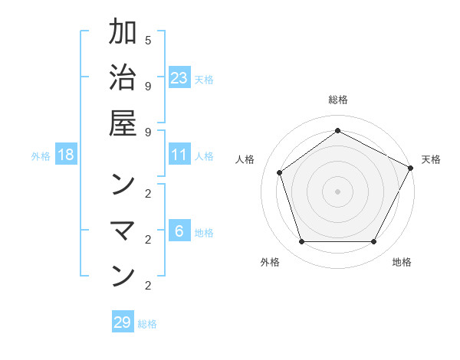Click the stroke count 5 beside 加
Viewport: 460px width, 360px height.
click(x=148, y=40)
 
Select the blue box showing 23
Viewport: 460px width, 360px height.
click(x=179, y=77)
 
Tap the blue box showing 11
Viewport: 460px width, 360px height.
click(x=179, y=155)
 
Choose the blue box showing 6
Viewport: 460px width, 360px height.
click(x=179, y=231)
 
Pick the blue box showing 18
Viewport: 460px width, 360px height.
click(x=66, y=155)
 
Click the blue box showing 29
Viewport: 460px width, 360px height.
click(x=123, y=322)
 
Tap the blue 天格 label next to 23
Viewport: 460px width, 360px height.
click(x=204, y=79)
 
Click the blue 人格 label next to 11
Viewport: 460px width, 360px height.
click(x=204, y=156)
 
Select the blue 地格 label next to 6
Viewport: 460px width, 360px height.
click(x=204, y=233)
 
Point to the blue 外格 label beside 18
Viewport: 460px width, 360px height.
click(x=41, y=156)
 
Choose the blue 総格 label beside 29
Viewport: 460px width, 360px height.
click(x=147, y=324)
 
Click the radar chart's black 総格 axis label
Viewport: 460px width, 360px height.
click(x=337, y=100)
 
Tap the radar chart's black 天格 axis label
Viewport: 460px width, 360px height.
click(x=431, y=159)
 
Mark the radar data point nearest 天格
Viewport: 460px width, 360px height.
click(x=411, y=168)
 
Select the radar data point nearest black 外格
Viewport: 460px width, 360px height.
click(x=301, y=242)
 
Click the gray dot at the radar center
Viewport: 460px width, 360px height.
click(x=337, y=191)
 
